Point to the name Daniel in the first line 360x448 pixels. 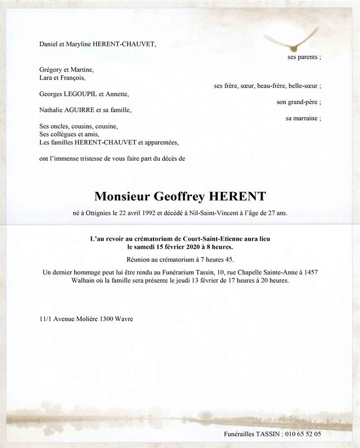click(49, 43)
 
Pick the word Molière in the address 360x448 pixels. click(82, 319)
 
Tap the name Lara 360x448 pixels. click(46, 78)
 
